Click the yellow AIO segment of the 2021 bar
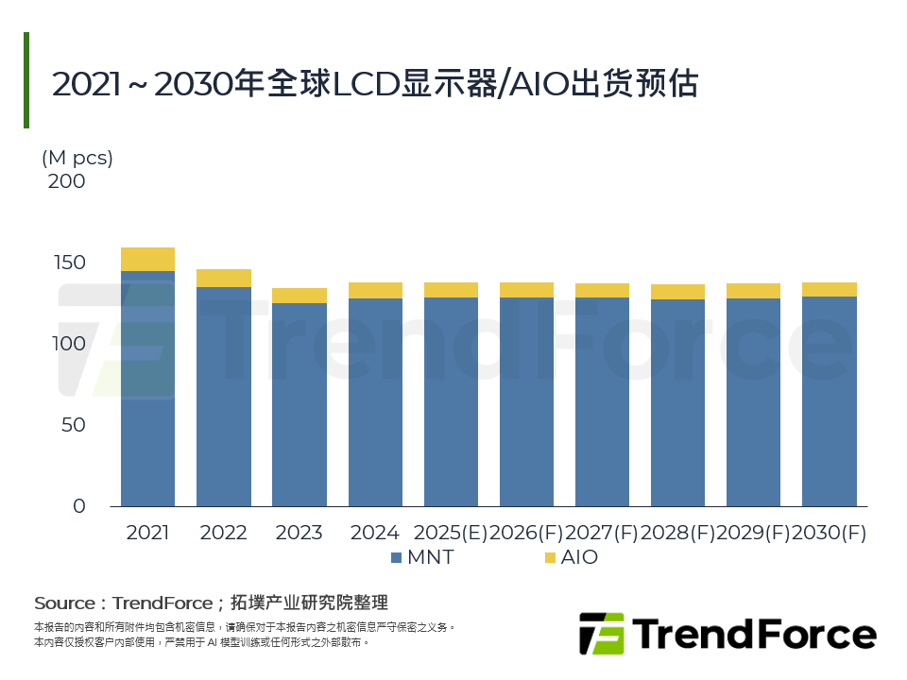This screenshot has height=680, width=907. tap(147, 259)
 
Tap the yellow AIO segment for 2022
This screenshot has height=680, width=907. tap(223, 278)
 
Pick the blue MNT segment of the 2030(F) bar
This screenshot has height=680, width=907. tap(829, 401)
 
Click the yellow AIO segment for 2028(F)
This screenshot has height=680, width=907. tap(677, 292)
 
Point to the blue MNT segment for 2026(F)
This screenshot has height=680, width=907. tap(526, 401)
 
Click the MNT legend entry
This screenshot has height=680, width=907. tap(421, 557)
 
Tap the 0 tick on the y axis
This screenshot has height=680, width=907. tap(78, 506)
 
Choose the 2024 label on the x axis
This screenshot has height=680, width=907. tap(374, 533)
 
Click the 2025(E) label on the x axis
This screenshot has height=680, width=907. tap(451, 533)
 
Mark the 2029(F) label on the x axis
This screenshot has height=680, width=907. tap(753, 533)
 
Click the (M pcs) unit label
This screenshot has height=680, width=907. tap(77, 158)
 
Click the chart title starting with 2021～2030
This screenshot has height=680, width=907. tap(374, 84)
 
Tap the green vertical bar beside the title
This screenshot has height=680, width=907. tap(26, 80)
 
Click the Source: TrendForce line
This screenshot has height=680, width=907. tap(211, 603)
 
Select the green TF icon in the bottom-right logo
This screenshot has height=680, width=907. tap(601, 633)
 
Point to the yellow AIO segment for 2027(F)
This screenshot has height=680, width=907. tap(602, 291)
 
